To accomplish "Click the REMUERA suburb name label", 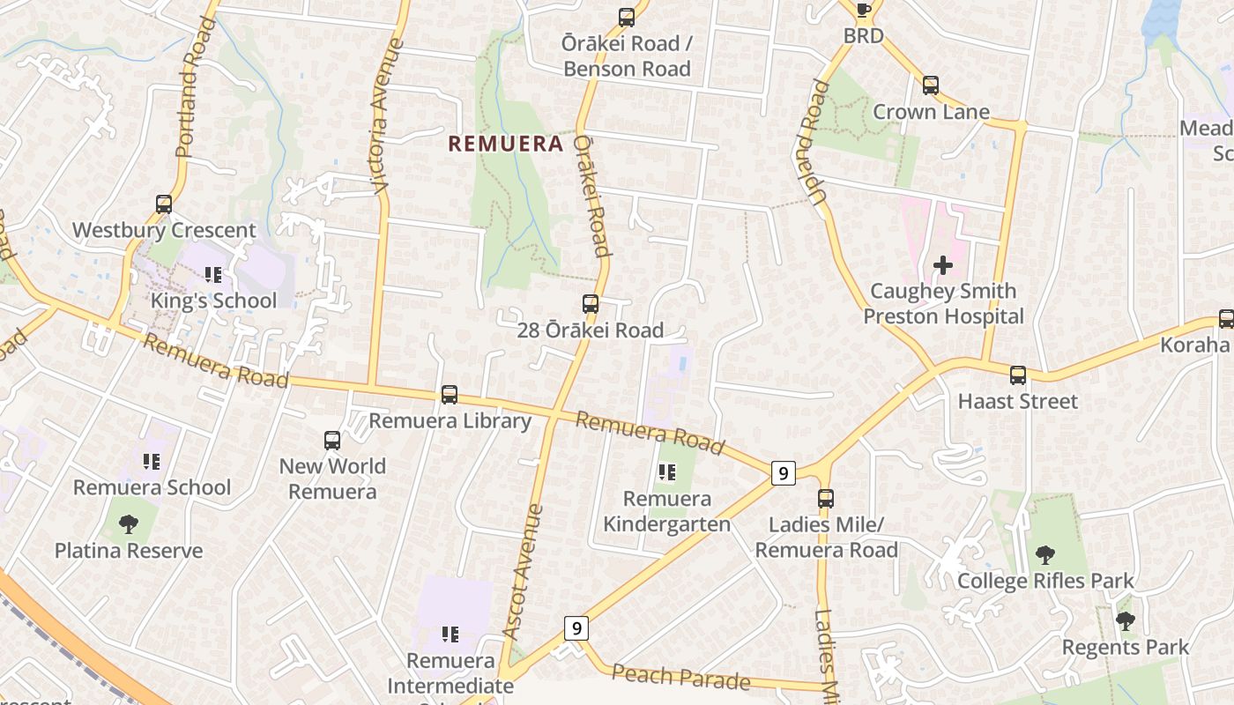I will pyautogui.click(x=505, y=144).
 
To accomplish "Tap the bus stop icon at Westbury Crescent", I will pyautogui.click(x=164, y=204).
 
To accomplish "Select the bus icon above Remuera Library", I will pyautogui.click(x=450, y=395).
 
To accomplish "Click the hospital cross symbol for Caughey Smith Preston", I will pyautogui.click(x=943, y=264).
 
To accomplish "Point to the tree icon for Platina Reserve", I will pyautogui.click(x=129, y=524).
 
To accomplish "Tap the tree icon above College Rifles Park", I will pyautogui.click(x=1045, y=555).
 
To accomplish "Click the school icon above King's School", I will pyautogui.click(x=212, y=275).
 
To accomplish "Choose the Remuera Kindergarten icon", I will pyautogui.click(x=667, y=473).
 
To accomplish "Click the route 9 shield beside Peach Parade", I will pyautogui.click(x=576, y=628).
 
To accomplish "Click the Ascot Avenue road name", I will pyautogui.click(x=524, y=571).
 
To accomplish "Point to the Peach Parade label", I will pyautogui.click(x=680, y=678).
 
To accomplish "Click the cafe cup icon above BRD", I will pyautogui.click(x=863, y=10).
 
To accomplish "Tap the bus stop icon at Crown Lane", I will pyautogui.click(x=931, y=85).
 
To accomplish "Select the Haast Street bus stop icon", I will pyautogui.click(x=1018, y=375).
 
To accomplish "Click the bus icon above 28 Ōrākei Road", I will pyautogui.click(x=591, y=305).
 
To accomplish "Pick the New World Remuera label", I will pyautogui.click(x=332, y=479).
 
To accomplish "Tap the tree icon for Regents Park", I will pyautogui.click(x=1125, y=621).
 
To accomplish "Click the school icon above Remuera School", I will pyautogui.click(x=152, y=461).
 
